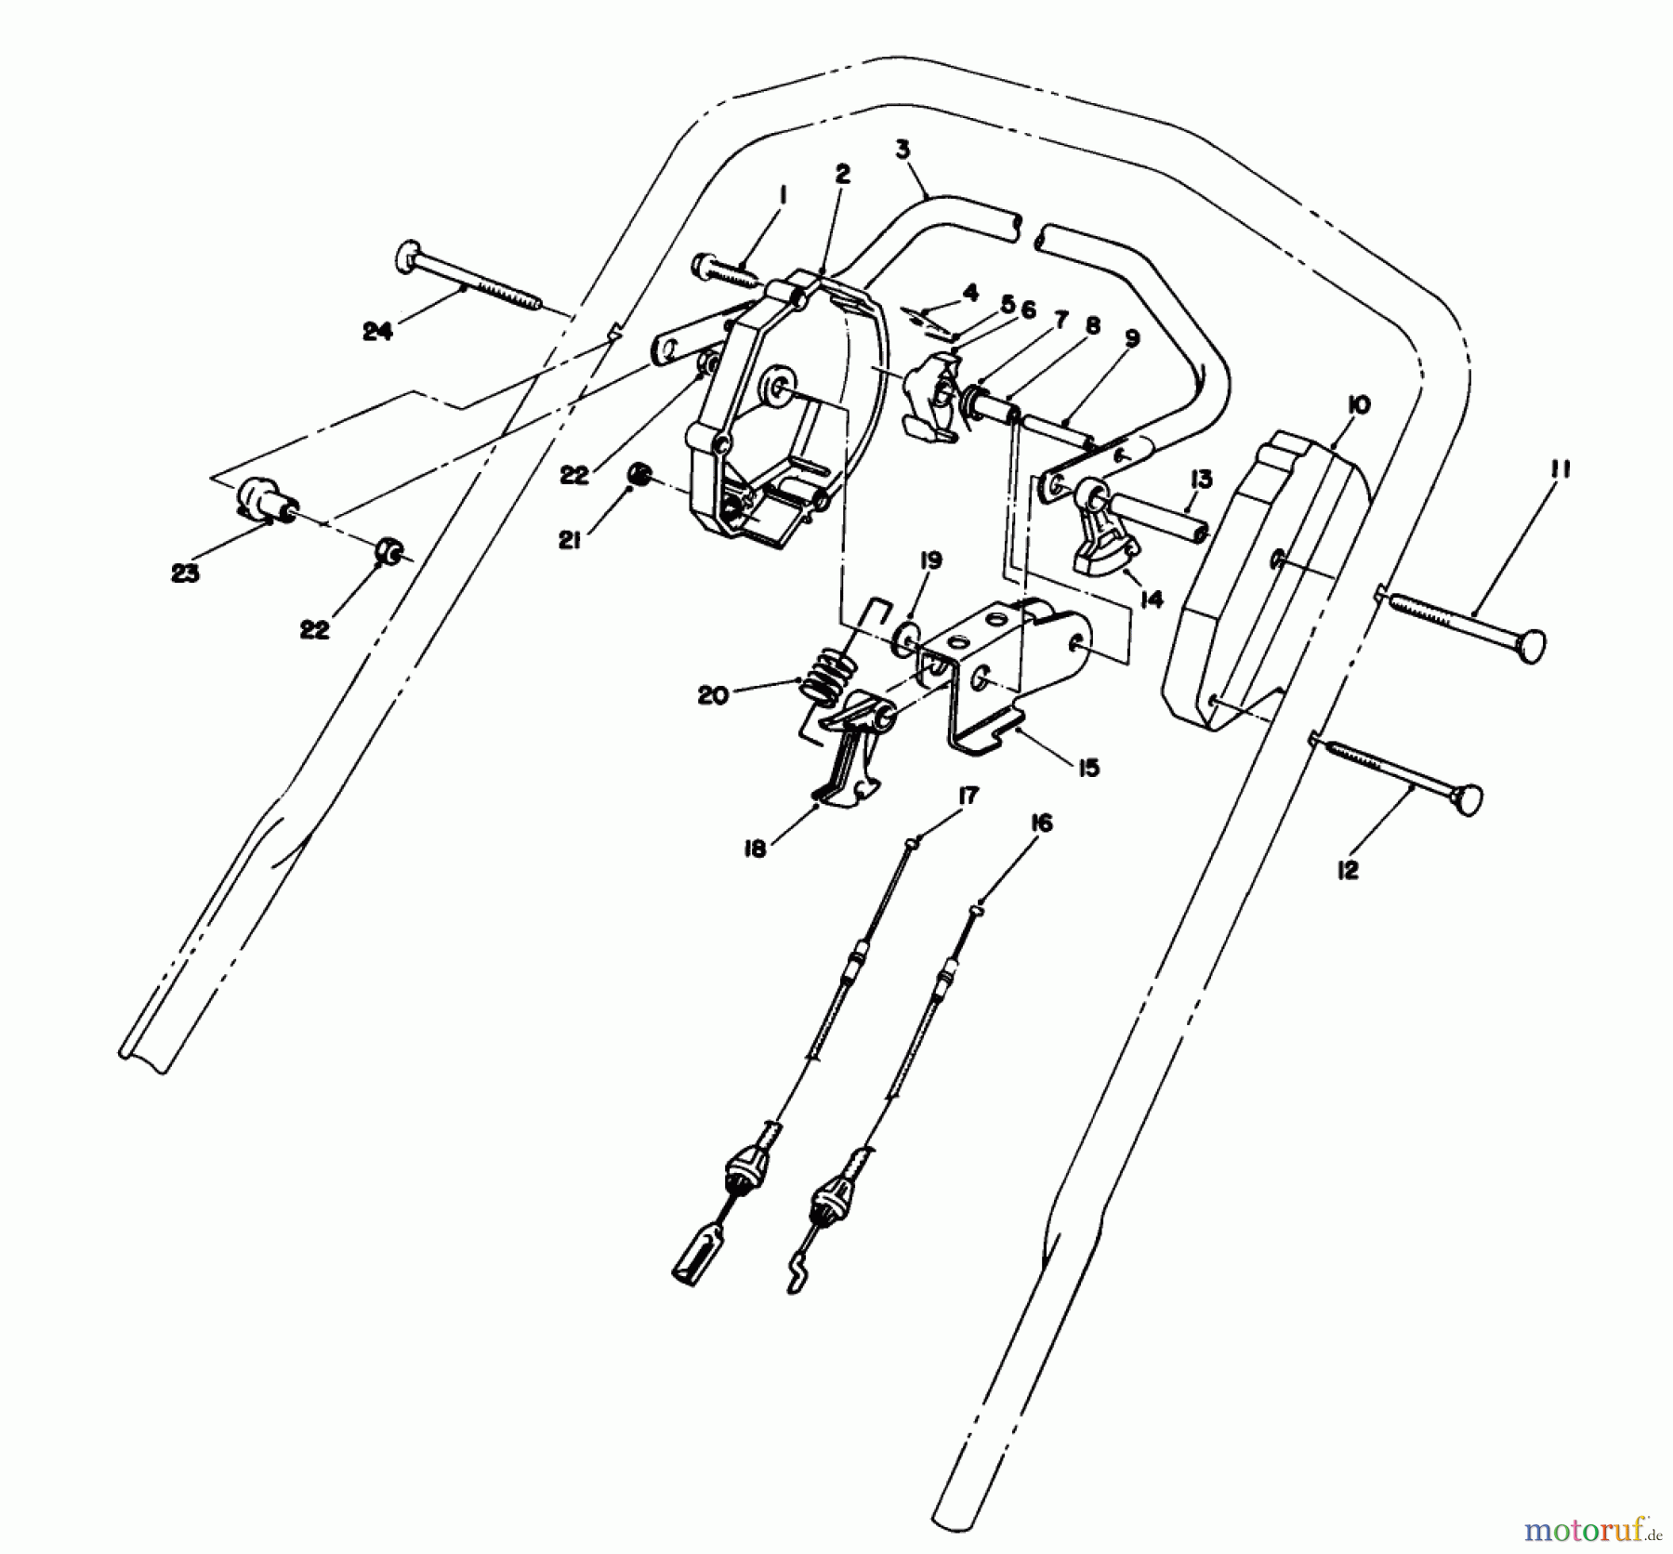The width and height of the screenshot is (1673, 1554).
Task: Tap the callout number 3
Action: (902, 149)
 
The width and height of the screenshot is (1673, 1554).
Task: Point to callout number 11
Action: (1559, 470)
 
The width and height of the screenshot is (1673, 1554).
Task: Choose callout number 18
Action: (755, 848)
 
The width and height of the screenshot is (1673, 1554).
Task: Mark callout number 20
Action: (713, 694)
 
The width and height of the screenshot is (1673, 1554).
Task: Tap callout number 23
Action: (185, 573)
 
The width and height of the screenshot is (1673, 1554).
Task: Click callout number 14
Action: (1151, 599)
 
